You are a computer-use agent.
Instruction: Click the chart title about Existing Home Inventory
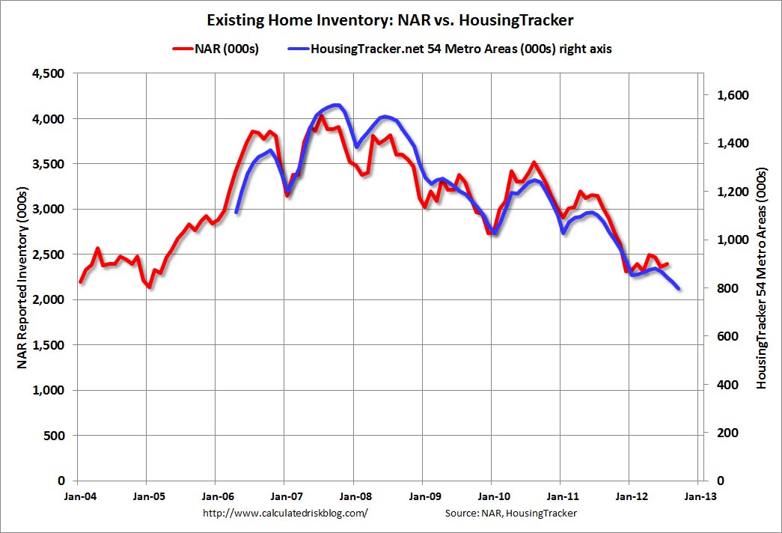pos(390,19)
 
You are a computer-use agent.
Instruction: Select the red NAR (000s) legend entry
pos(218,49)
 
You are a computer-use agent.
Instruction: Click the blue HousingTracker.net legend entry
pos(449,49)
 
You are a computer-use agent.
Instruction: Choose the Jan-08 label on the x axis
pos(353,495)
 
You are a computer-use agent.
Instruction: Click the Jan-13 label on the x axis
pos(697,495)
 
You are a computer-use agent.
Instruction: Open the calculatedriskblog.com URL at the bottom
pos(285,513)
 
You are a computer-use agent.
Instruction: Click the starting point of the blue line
pos(236,213)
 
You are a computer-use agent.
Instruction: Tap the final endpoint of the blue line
pos(679,288)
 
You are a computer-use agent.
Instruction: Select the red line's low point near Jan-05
pos(150,286)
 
